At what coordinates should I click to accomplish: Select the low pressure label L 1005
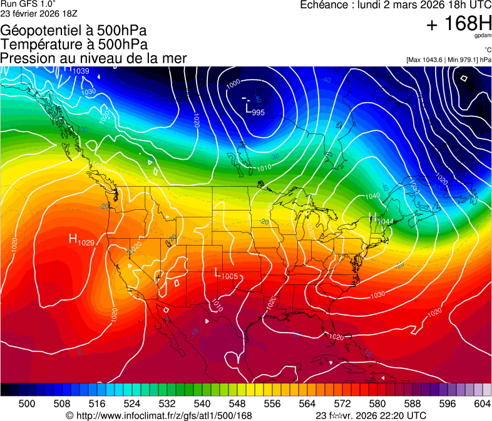click(x=226, y=274)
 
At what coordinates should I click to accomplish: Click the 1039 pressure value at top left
click(x=81, y=71)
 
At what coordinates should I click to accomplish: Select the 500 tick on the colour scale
click(x=27, y=404)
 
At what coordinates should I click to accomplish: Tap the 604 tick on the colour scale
click(x=482, y=404)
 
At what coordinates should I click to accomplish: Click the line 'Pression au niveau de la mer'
click(x=94, y=58)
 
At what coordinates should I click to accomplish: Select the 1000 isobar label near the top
click(x=233, y=83)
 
